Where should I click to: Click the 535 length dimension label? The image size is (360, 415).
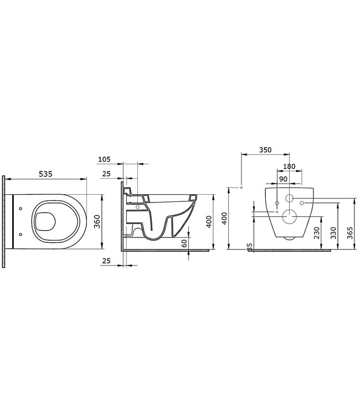coord(45,174)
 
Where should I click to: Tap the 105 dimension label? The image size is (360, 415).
coord(104,159)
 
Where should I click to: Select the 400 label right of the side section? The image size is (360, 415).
coord(209,221)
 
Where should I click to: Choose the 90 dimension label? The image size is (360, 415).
coord(282,179)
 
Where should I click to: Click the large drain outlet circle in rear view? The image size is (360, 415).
coord(289,216)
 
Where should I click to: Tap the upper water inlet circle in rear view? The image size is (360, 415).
coord(289,198)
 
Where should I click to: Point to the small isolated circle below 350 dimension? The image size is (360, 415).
coord(242,187)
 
